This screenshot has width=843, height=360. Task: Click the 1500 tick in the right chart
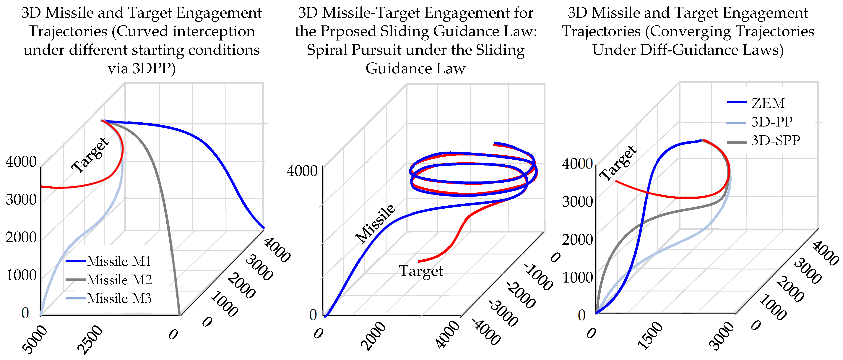point(650,336)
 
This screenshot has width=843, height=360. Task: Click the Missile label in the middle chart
point(376,223)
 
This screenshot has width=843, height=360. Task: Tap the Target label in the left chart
point(90,155)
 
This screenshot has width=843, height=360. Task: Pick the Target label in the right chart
point(618,163)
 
